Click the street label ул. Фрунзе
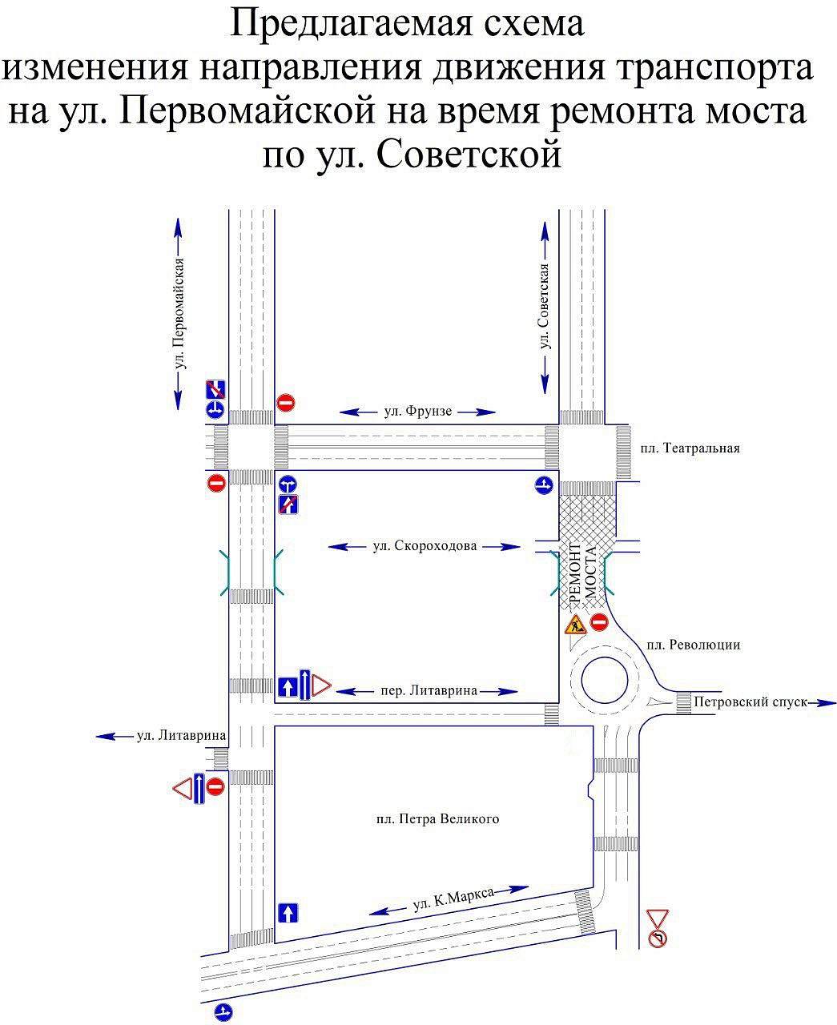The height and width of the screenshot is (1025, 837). click(417, 411)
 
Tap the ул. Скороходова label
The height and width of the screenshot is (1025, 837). click(425, 546)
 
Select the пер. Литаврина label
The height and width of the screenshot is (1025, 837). click(429, 690)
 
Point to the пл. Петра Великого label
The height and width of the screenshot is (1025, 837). click(437, 819)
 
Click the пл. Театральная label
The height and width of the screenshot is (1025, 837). click(690, 448)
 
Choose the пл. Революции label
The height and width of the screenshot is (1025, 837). click(694, 645)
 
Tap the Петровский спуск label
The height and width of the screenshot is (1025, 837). click(750, 701)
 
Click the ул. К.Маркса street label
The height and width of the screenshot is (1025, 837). click(453, 898)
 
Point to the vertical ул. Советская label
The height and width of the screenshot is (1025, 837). click(545, 306)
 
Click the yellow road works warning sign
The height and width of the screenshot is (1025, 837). click(576, 625)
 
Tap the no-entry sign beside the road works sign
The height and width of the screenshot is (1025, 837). click(599, 621)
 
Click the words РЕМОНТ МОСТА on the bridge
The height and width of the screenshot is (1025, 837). click(582, 573)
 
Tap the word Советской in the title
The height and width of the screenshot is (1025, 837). click(469, 155)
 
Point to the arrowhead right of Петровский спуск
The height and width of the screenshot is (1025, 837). click(827, 703)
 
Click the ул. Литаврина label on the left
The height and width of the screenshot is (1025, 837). click(181, 735)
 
